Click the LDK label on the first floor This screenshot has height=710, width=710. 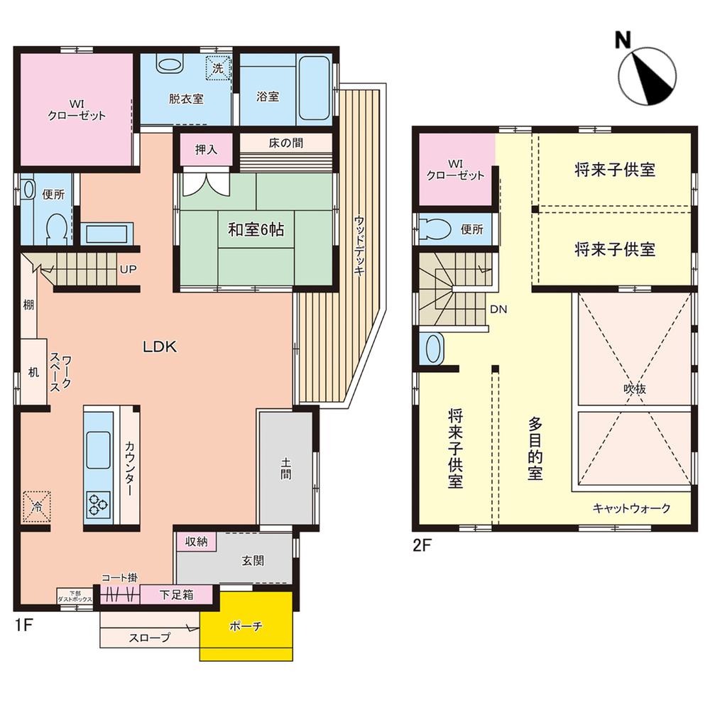click(159, 347)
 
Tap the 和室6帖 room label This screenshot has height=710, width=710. click(256, 230)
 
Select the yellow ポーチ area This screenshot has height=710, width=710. click(246, 626)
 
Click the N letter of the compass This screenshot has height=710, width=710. click(623, 40)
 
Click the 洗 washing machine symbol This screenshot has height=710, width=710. click(218, 68)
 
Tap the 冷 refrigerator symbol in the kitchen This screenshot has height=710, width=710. click(37, 507)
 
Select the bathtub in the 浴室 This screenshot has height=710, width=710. click(315, 88)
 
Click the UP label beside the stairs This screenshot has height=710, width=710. click(128, 269)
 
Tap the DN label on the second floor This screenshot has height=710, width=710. click(498, 310)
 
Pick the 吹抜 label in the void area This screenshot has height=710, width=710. click(634, 388)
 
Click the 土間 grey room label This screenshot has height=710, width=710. click(285, 468)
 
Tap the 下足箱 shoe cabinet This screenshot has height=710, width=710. click(176, 594)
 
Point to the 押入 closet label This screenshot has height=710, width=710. click(206, 149)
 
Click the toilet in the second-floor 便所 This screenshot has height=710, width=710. click(435, 229)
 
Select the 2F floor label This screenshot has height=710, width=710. click(422, 545)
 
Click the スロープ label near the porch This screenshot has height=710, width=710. click(149, 638)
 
